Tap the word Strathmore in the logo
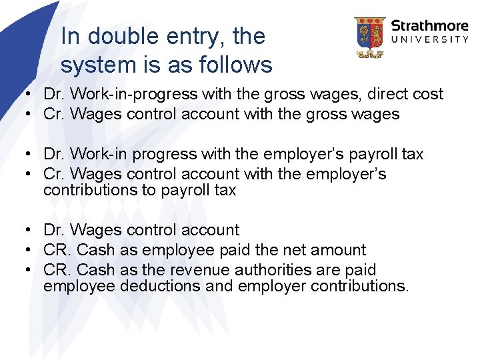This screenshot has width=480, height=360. tap(429, 27)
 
